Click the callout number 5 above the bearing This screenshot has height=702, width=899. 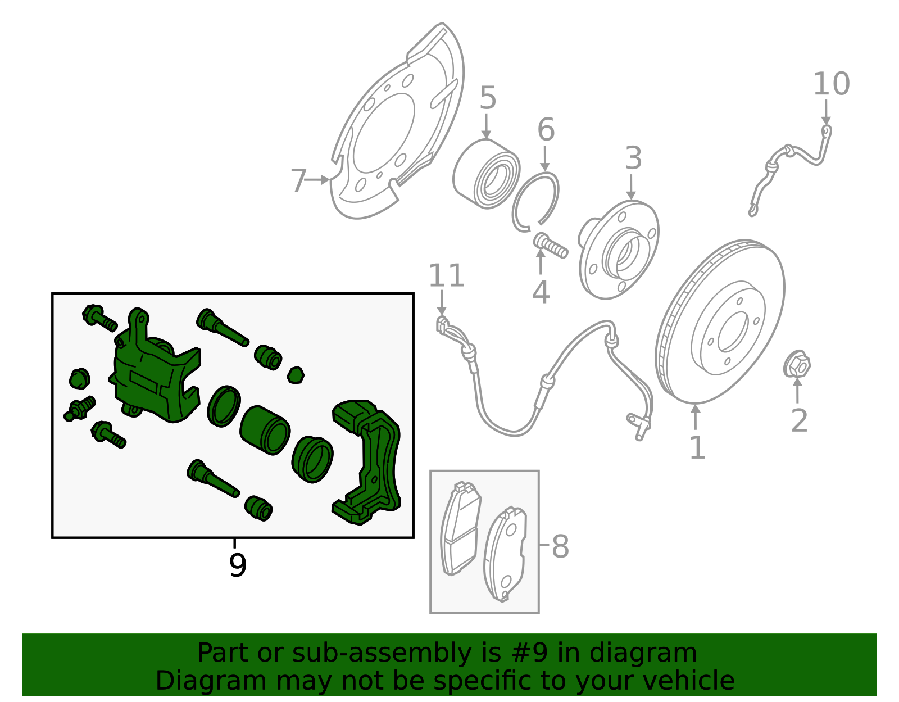(488, 98)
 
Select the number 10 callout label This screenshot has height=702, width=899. (831, 84)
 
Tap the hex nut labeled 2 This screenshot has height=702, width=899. (797, 365)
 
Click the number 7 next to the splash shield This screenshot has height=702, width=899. (298, 180)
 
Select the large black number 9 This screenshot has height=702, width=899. (238, 565)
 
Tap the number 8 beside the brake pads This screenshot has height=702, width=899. (560, 546)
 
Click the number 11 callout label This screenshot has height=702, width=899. (447, 276)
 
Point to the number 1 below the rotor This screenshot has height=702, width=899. (697, 448)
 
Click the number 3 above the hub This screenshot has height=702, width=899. (633, 158)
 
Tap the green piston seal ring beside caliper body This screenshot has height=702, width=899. (224, 406)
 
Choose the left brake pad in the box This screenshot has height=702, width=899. (460, 528)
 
